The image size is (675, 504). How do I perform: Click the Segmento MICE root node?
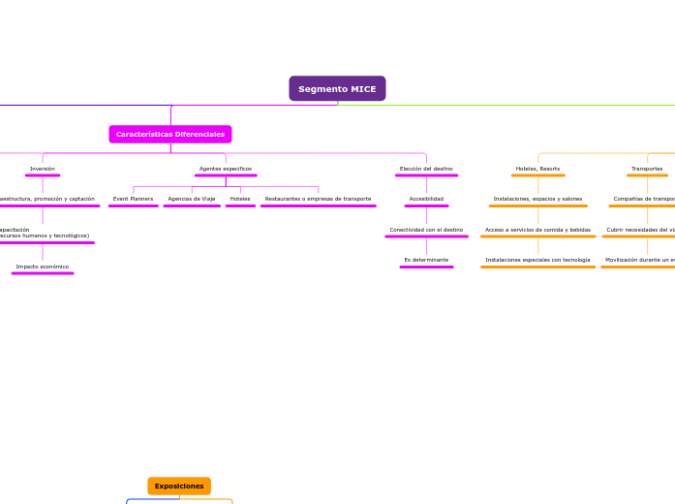point(337,89)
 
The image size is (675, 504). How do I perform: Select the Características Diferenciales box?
point(170,135)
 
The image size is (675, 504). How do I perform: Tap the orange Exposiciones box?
point(179,486)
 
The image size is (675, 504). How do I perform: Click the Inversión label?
point(43,169)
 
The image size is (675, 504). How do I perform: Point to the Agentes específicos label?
point(226,169)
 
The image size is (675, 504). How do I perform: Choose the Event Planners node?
point(134,199)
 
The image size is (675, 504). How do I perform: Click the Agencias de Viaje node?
point(192,199)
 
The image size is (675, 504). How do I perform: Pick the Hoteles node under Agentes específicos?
point(240,199)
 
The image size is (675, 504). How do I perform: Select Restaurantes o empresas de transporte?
point(318,199)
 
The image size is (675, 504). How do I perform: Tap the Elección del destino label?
point(426,169)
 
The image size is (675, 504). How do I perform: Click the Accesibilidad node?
point(426,199)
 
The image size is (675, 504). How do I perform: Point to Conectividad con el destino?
point(426,230)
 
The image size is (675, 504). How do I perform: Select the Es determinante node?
point(426,260)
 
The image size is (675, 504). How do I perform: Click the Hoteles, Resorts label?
point(537,169)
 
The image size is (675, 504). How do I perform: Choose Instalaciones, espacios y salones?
point(537,199)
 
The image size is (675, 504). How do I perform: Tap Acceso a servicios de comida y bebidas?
point(537,230)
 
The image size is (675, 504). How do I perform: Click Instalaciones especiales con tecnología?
point(537,260)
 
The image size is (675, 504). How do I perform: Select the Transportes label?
point(647,169)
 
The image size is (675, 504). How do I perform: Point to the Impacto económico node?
point(43,267)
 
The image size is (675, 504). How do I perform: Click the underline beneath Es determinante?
point(426,267)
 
